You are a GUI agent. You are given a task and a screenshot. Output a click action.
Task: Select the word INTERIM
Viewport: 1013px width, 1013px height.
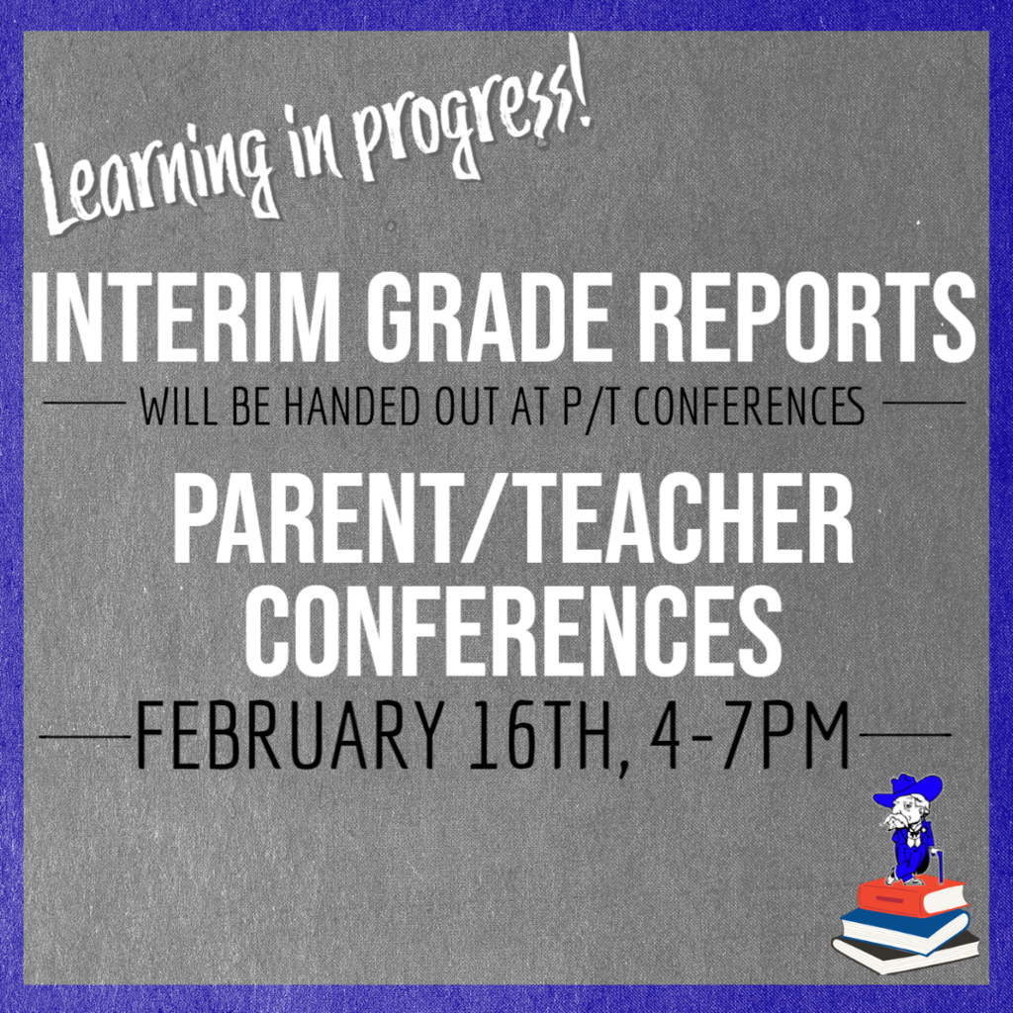coord(185,318)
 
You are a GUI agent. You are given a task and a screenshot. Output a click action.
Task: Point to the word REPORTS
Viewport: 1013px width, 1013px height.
coord(811,318)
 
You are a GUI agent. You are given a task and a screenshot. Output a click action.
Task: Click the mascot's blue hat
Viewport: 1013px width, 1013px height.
coord(907,789)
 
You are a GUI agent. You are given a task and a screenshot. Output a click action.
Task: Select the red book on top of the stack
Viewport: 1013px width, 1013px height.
coord(911,895)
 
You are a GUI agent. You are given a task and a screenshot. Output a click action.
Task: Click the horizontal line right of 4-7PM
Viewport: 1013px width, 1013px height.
coord(904,735)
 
